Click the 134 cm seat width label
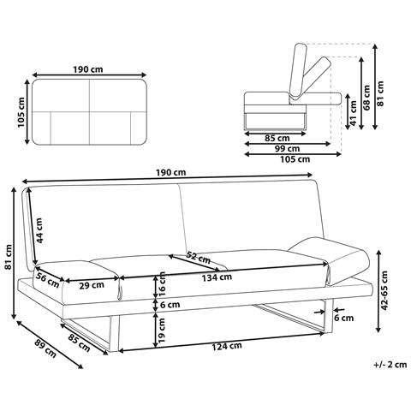pos(217,277)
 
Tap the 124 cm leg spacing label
pos(227,346)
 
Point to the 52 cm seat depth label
pos(198,258)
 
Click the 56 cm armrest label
pos(47,281)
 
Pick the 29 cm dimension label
pos(92,285)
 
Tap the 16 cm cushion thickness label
pos(162,284)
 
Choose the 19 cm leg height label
pos(161,331)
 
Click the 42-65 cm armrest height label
pos(384,290)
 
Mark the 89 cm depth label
pos(45,348)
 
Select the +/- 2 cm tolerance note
pos(390,365)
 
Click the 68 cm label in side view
pos(366,98)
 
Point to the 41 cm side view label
pos(353,113)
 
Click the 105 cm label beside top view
pos(21,112)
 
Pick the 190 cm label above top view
pos(88,69)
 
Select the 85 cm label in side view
pos(277,139)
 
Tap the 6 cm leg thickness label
pos(344,318)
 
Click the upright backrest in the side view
pos(297,70)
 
